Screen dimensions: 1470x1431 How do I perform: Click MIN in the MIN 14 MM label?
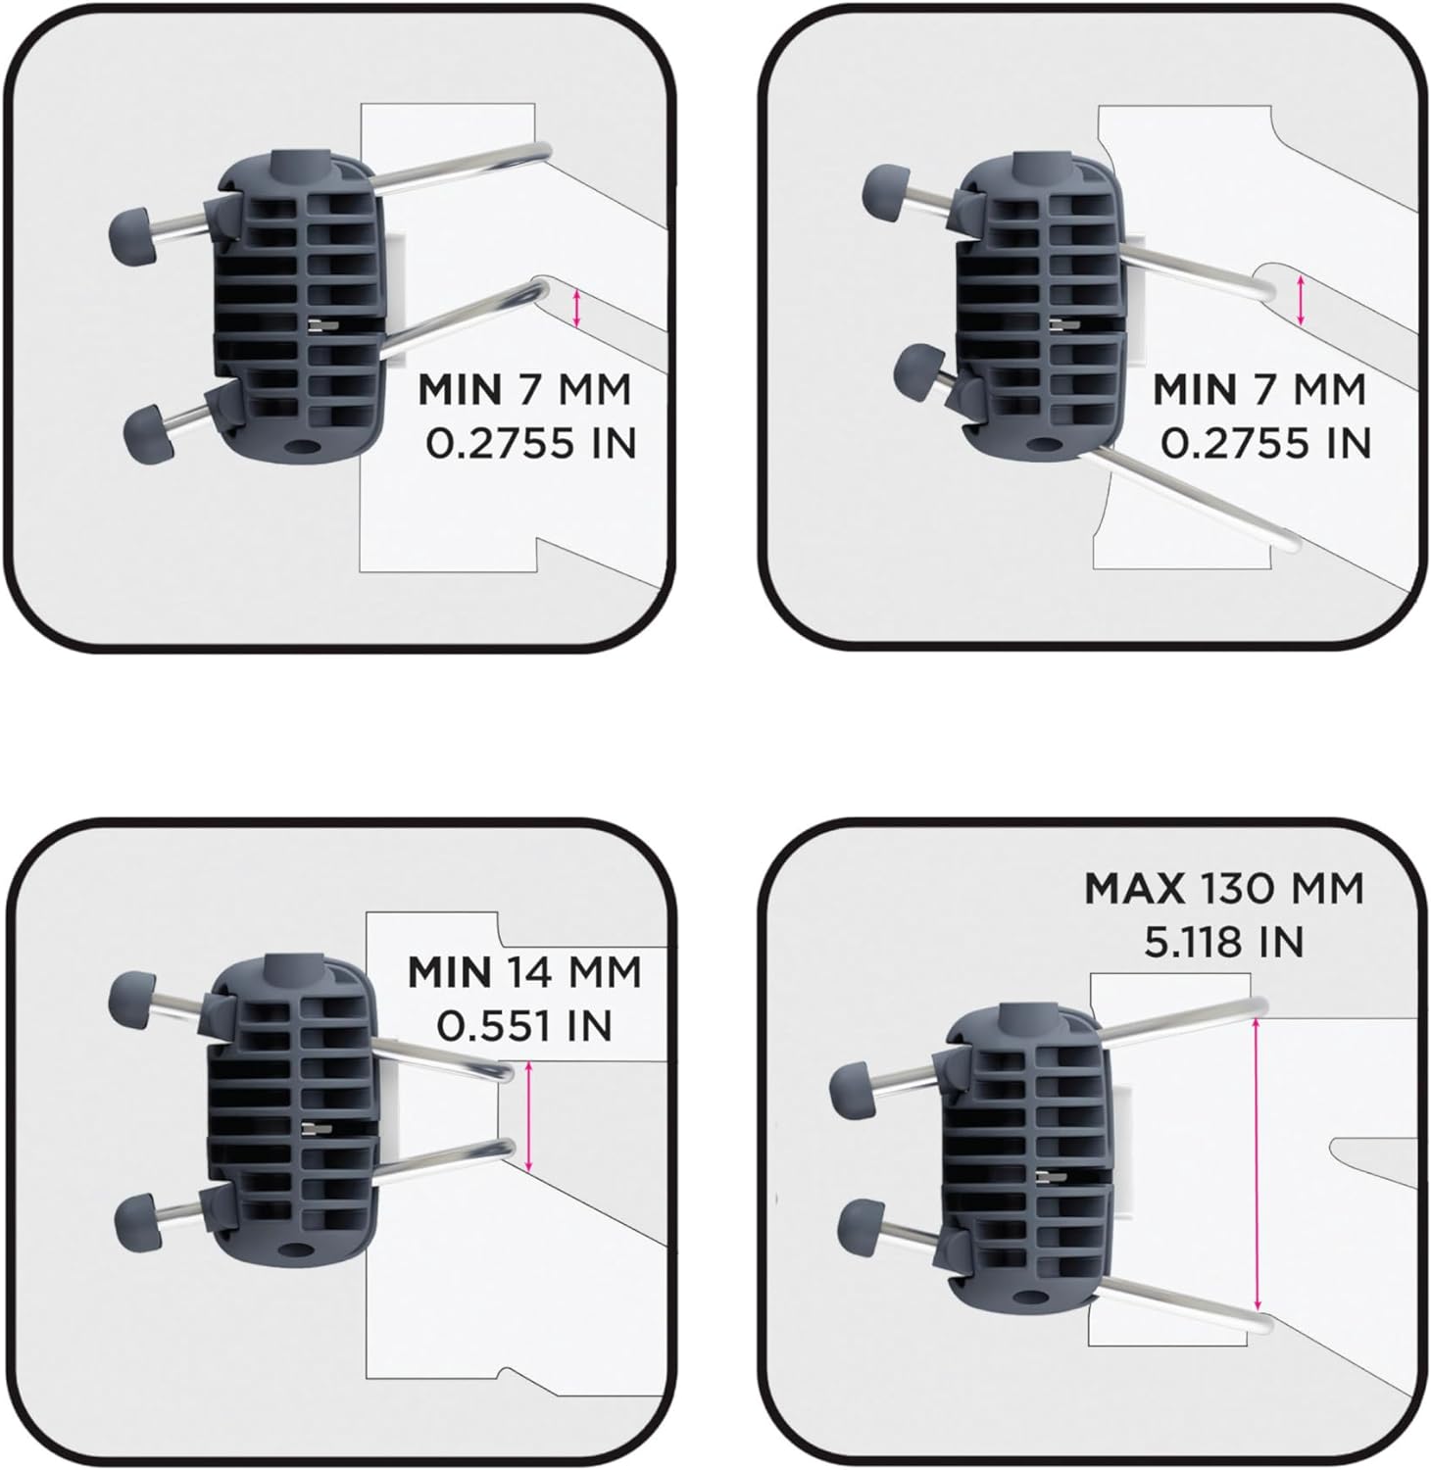pos(450,973)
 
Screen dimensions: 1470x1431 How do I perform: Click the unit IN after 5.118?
pos(1279,943)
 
